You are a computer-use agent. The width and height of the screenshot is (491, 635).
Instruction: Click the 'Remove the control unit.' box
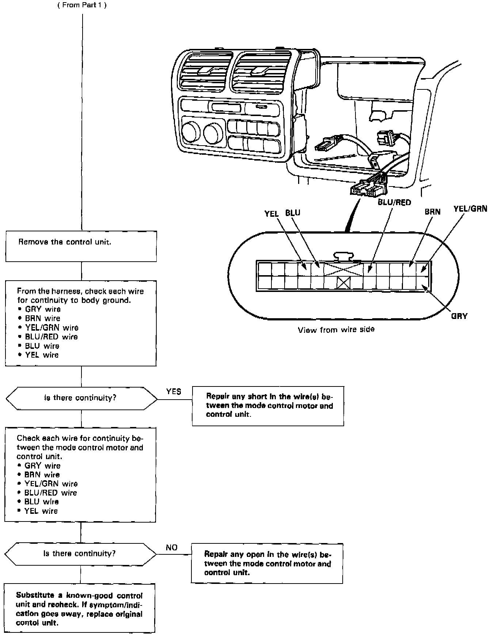(x=81, y=246)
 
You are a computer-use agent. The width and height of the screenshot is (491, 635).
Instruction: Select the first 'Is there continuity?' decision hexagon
(x=81, y=398)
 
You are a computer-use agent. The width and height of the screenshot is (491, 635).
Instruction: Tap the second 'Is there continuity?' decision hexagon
(x=80, y=554)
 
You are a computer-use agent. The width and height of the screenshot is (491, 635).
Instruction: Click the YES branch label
(x=174, y=392)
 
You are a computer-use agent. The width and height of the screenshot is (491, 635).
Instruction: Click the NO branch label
(x=172, y=547)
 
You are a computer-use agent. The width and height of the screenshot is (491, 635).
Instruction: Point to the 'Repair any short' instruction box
(x=268, y=406)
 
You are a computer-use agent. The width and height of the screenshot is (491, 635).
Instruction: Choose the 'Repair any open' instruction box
(x=267, y=563)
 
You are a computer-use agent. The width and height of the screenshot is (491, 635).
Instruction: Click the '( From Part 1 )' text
(x=82, y=5)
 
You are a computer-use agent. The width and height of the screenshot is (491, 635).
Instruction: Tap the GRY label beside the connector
(x=459, y=316)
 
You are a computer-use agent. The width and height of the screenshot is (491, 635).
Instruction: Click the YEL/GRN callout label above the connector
(x=470, y=208)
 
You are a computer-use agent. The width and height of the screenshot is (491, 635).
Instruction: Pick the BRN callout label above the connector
(x=433, y=212)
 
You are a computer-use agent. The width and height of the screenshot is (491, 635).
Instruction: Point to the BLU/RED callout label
(x=394, y=202)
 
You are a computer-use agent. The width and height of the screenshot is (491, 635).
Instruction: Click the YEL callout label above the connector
(x=271, y=213)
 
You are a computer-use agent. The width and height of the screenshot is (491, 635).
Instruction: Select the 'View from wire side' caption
(x=336, y=330)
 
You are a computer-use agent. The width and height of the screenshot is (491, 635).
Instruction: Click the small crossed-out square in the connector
(x=344, y=282)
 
